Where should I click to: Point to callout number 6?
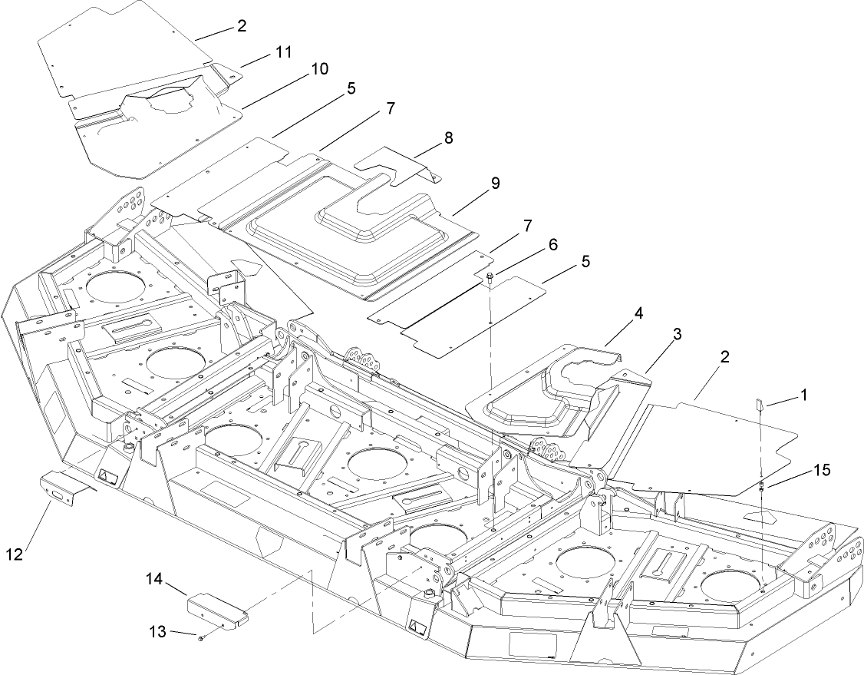point(552,244)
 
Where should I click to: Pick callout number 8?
point(448,138)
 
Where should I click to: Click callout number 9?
point(495,184)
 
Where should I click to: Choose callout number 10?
point(319,69)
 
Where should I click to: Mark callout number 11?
point(284,51)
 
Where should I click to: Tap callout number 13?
point(157,631)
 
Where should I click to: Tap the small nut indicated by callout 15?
point(760,485)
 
